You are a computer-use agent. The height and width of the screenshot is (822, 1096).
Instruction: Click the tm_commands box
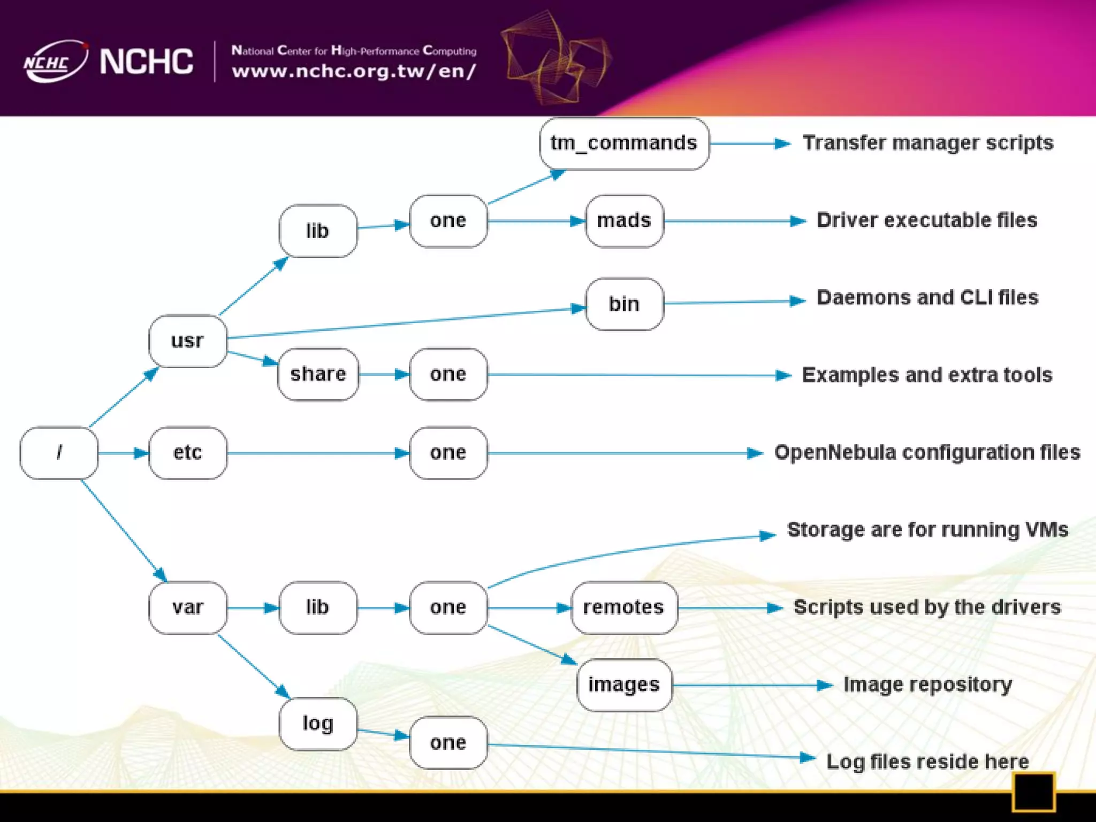click(624, 143)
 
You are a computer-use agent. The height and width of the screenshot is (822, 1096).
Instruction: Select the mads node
click(624, 221)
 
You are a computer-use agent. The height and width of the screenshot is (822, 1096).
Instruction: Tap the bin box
click(624, 304)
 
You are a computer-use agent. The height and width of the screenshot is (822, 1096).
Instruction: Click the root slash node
click(59, 453)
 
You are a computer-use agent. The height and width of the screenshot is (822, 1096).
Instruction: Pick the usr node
click(187, 341)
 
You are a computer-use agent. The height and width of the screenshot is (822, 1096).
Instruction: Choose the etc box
click(187, 453)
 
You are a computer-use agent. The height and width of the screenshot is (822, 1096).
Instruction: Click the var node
click(187, 607)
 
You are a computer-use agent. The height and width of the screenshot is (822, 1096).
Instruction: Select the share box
click(318, 374)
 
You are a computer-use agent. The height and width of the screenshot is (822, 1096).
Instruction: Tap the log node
click(318, 724)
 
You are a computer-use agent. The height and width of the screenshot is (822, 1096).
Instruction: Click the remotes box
click(624, 607)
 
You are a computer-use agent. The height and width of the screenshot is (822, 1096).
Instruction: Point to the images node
click(624, 685)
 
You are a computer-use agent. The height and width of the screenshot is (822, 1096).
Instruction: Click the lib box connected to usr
click(318, 231)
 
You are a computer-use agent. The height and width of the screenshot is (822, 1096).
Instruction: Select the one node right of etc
click(448, 453)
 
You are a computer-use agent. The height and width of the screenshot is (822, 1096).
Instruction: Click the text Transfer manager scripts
click(927, 143)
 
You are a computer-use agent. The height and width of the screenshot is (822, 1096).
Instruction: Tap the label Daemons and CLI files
click(927, 298)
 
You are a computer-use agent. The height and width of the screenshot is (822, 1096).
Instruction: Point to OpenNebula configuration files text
click(927, 453)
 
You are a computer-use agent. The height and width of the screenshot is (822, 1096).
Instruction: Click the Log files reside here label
click(927, 762)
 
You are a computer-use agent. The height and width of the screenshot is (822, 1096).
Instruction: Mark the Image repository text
click(927, 685)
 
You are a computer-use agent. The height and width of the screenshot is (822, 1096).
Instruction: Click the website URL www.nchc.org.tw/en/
click(354, 71)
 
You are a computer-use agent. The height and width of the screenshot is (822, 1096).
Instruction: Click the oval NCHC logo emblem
click(55, 62)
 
